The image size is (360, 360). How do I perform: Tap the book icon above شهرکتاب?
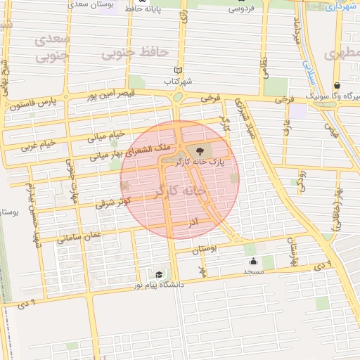(x=179, y=70)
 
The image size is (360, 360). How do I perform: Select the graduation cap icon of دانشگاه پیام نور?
(x=159, y=274)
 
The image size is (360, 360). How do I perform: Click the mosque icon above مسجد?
(x=253, y=262)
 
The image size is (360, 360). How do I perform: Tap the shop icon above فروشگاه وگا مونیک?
(x=337, y=85)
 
